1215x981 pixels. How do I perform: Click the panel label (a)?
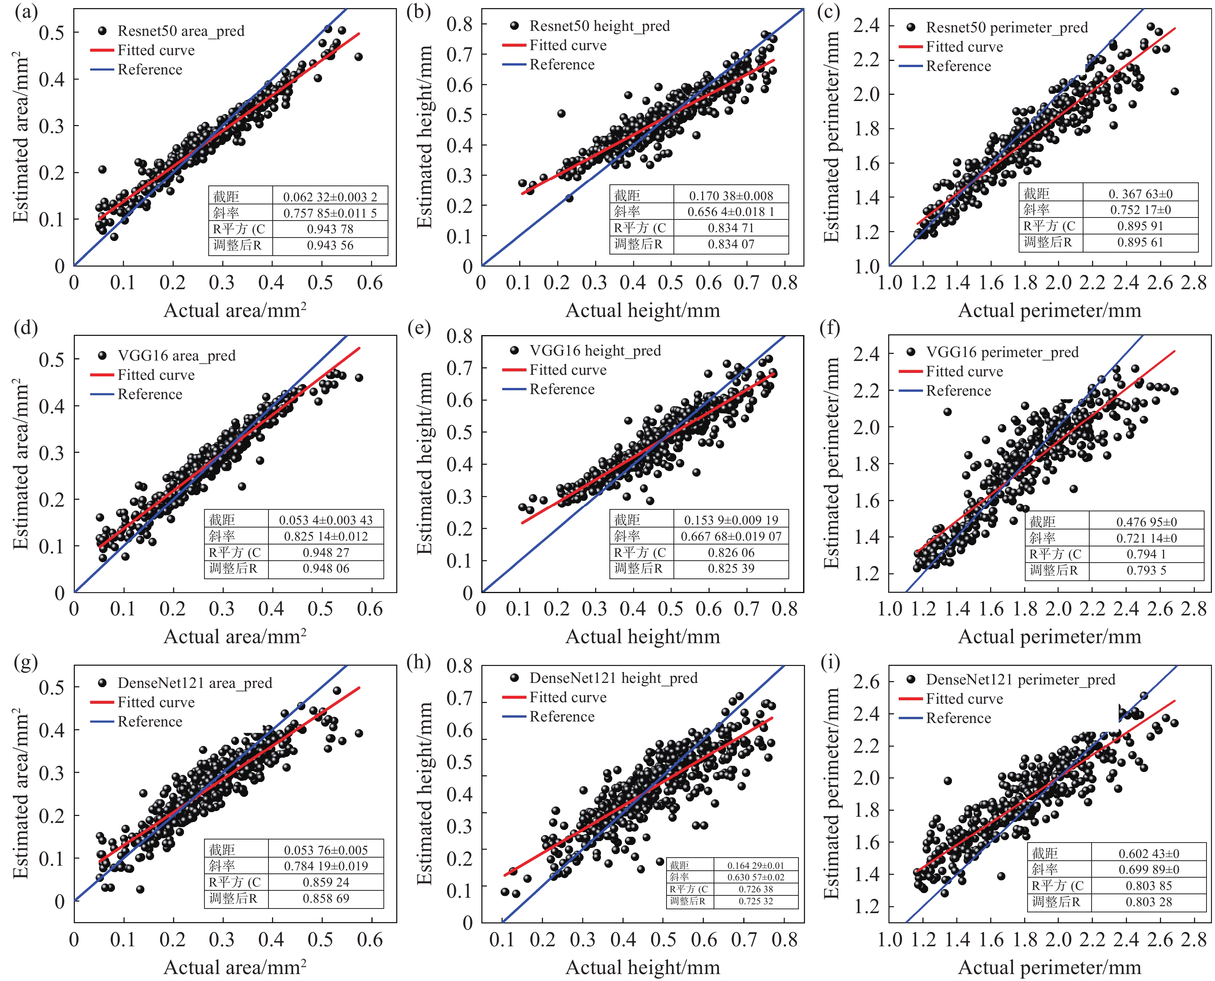pos(26,12)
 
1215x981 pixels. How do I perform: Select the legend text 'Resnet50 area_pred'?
pos(181,31)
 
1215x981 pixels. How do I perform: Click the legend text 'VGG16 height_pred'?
pos(595,351)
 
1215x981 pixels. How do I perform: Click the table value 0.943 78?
pos(330,229)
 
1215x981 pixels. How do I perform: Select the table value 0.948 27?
pos(326,553)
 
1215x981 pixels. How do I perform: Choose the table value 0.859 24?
pos(326,882)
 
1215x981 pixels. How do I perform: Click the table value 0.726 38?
pos(756,889)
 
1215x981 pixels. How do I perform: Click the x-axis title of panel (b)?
pos(643,311)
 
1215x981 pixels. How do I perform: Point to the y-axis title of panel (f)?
pos(831,464)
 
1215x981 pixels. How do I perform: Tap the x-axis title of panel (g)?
pos(235,968)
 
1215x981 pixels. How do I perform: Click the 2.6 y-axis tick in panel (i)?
pos(866,681)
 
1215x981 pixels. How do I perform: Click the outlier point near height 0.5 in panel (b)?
pos(561,114)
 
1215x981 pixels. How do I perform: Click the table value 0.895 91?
pos(1141,226)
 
